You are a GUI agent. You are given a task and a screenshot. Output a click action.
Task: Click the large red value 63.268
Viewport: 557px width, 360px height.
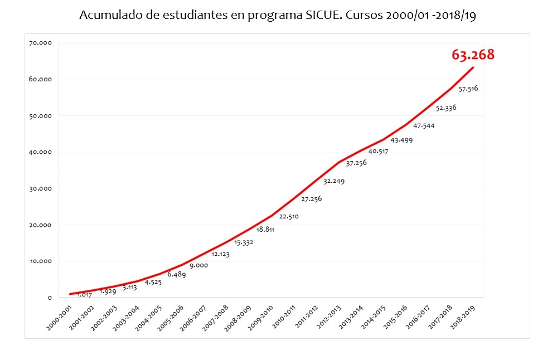coord(473,55)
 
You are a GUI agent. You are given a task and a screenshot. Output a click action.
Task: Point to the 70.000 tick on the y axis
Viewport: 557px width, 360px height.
coord(40,43)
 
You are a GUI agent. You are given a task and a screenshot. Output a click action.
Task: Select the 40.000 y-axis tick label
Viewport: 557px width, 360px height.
coord(40,152)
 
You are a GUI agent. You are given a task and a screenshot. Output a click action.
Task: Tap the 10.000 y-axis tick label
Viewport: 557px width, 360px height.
coord(40,261)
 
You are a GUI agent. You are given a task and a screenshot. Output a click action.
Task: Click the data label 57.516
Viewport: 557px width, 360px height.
coord(468,89)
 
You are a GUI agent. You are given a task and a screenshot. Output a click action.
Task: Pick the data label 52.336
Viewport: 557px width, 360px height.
coord(445,108)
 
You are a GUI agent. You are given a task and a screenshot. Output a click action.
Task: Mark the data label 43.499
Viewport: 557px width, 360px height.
coord(401,140)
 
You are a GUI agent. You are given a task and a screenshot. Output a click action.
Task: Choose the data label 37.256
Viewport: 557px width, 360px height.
coord(356,163)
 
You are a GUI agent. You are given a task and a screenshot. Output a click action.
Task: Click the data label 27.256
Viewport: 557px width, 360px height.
coord(311,198)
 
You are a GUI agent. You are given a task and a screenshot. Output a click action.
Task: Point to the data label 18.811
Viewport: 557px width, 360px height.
coord(266,229)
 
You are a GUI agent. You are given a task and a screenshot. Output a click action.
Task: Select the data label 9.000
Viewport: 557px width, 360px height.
coord(198,265)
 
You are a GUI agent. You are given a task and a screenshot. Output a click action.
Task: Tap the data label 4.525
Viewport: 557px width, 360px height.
coord(154,282)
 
